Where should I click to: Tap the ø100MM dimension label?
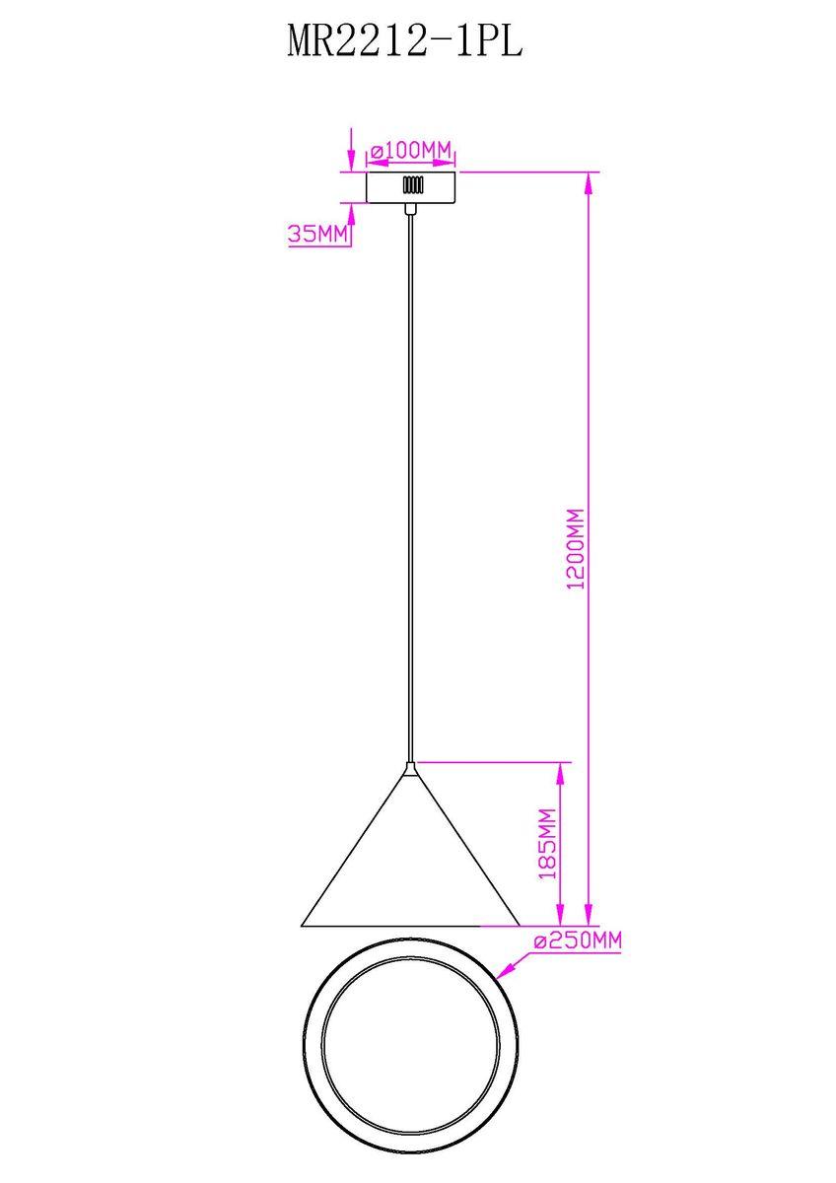tap(411, 150)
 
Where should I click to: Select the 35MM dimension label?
tap(318, 233)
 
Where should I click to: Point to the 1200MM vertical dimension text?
tap(575, 550)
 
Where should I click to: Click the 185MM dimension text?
tap(547, 844)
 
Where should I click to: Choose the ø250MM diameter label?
tap(578, 940)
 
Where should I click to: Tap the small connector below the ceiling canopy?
tap(410, 209)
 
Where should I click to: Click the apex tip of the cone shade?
tap(410, 763)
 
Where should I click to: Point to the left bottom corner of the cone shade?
tap(302, 926)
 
